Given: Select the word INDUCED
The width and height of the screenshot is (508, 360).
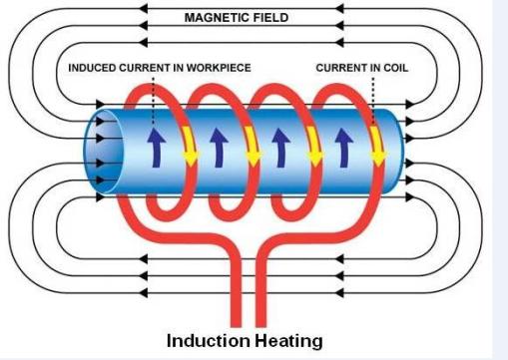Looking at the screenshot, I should (x=95, y=68).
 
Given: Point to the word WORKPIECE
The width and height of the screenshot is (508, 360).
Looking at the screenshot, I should (x=219, y=68).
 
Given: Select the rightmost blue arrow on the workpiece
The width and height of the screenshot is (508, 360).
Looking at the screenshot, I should (x=341, y=146).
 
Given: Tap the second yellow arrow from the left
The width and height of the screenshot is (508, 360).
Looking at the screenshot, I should (x=253, y=146).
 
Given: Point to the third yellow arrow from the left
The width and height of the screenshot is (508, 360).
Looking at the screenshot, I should (x=316, y=146).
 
